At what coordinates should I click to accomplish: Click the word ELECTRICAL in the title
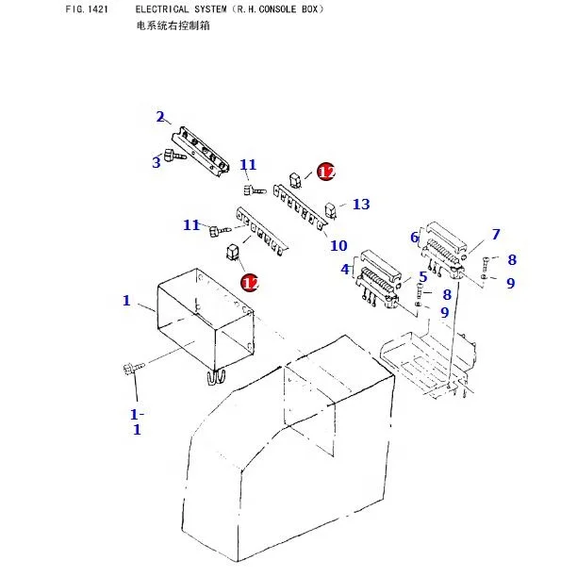point(159,8)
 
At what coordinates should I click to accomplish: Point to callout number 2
point(160,117)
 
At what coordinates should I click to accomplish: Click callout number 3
point(157,162)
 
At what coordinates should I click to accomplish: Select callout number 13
point(361,204)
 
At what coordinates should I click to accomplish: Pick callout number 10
point(338,246)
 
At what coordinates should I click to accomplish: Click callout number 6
point(414,238)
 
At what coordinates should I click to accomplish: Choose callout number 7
point(495,235)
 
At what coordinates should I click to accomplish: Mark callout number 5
point(423,276)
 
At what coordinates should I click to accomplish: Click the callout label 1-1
point(136,421)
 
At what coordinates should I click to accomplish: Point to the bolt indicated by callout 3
point(173,156)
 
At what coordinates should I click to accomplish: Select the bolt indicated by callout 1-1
point(129,370)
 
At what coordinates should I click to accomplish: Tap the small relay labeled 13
point(331,208)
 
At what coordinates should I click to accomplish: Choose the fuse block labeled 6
point(444,247)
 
